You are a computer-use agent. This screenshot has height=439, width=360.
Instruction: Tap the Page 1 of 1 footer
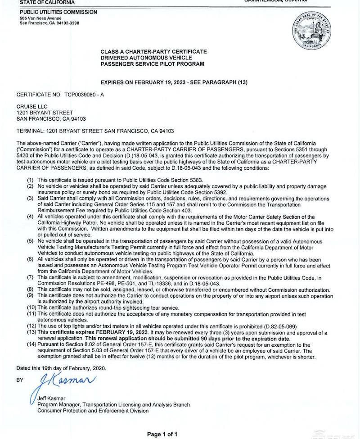coord(162,434)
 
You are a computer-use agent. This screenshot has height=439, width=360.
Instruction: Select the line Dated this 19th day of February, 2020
coord(61,368)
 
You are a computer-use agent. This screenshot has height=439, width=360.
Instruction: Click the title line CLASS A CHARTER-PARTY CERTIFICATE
coord(153,52)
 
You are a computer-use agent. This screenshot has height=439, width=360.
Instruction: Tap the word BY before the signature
coord(20,380)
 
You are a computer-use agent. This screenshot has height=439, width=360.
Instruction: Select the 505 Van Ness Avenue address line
coord(41,18)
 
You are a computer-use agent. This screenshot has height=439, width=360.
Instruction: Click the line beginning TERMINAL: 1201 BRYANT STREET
coord(95,131)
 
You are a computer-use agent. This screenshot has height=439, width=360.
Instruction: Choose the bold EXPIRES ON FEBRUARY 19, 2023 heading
coord(174,82)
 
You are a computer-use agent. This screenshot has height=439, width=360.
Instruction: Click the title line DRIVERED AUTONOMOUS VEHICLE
coord(146,58)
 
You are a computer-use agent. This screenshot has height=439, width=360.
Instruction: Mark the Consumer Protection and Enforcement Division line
coord(93,411)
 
